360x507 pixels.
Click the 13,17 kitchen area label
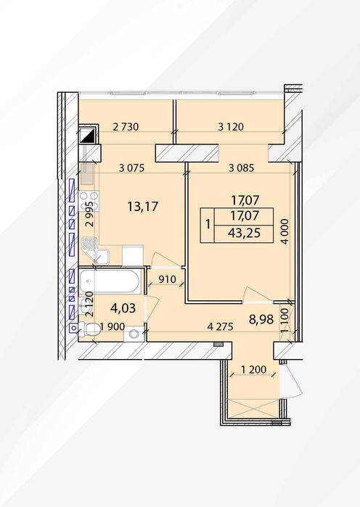click(143, 206)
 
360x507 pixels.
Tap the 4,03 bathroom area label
click(123, 308)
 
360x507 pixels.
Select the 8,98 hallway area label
click(261, 319)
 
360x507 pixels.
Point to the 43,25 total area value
click(244, 233)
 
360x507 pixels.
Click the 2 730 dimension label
click(126, 127)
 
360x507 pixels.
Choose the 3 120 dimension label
click(231, 127)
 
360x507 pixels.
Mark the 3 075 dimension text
click(131, 168)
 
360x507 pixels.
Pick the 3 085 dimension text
click(241, 168)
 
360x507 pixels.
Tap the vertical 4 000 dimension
click(285, 231)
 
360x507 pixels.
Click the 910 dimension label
click(167, 279)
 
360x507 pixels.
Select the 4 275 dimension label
click(220, 326)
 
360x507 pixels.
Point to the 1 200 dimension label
click(253, 369)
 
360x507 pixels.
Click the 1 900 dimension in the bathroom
click(112, 326)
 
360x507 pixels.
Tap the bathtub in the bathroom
click(110, 281)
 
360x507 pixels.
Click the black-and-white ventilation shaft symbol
click(88, 134)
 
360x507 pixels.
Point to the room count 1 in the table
click(208, 224)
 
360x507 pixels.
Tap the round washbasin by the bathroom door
click(134, 334)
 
